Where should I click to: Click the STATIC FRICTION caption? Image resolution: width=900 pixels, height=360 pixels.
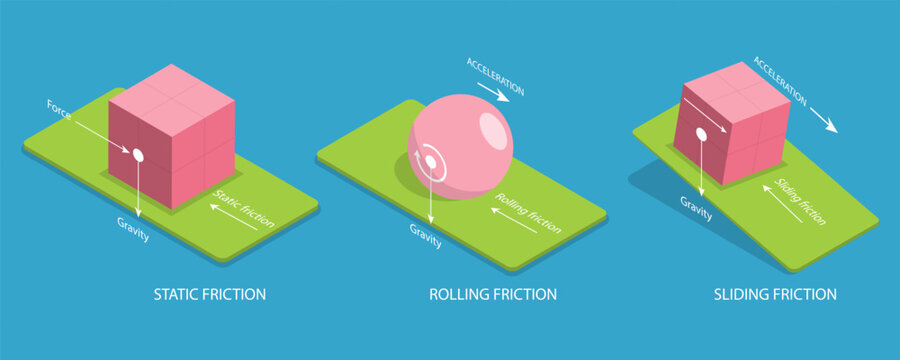pyautogui.click(x=209, y=295)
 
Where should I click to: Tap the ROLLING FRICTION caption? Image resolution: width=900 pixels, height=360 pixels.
pyautogui.click(x=492, y=295)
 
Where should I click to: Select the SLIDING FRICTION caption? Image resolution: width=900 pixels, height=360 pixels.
pyautogui.click(x=775, y=295)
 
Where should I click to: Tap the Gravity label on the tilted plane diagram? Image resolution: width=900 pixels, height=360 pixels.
pyautogui.click(x=696, y=202)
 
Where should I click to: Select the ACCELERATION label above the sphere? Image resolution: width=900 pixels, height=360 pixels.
pyautogui.click(x=495, y=76)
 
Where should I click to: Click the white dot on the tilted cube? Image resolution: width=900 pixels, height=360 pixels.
pyautogui.click(x=701, y=133)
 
